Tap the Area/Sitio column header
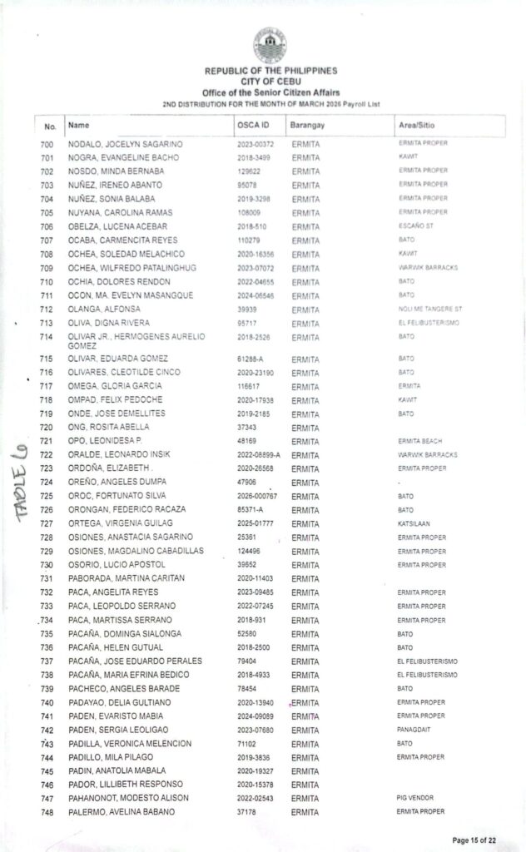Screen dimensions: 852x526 (417, 125)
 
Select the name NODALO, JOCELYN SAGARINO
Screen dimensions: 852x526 (125, 145)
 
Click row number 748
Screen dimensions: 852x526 (47, 812)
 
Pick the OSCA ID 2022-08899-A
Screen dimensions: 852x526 (259, 455)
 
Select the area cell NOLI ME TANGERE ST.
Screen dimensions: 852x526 (429, 309)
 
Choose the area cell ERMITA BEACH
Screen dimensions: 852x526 (422, 442)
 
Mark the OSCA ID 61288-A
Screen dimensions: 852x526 (251, 359)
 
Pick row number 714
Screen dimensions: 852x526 (47, 337)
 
